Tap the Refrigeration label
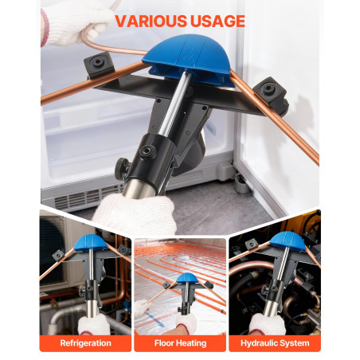pos(85,343)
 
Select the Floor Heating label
pos(180,343)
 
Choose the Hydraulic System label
pos(275,343)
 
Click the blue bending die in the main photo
pos(189,60)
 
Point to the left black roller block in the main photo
pos(99,65)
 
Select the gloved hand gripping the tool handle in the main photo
pos(134,213)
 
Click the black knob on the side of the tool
pos(122,166)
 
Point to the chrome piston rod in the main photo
pos(176,104)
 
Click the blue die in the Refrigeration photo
pos(90,243)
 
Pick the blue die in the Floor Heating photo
pos(187,278)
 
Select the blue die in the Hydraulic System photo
pos(288,241)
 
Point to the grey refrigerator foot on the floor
pos(241,184)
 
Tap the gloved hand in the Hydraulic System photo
pos(267,324)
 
